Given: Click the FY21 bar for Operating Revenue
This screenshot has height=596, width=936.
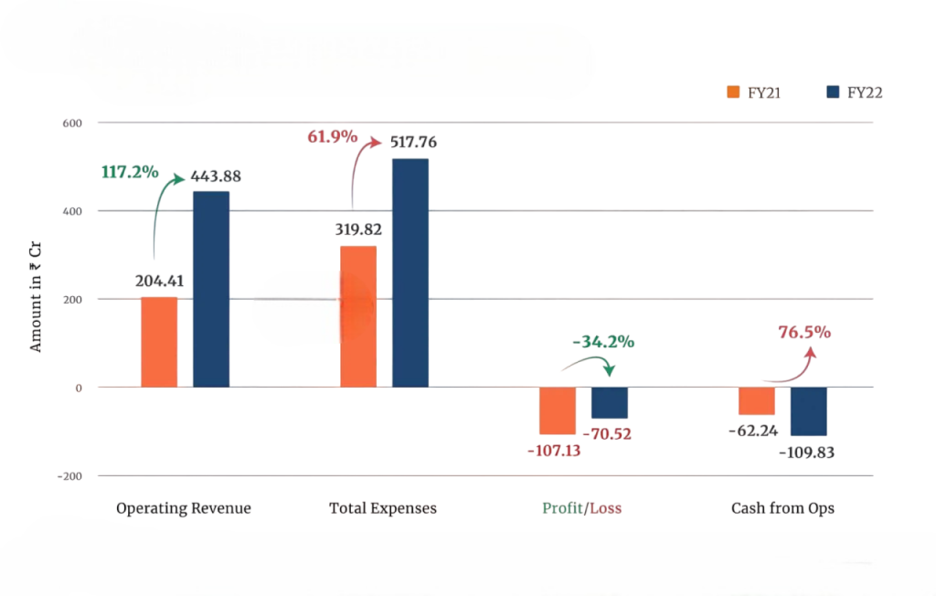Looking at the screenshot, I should click(x=159, y=342).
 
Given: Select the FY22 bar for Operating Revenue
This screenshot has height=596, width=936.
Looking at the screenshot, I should click(x=211, y=289).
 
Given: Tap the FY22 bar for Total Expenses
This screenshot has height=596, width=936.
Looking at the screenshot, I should click(x=410, y=272).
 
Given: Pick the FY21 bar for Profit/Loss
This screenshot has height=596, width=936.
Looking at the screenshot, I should click(x=558, y=410).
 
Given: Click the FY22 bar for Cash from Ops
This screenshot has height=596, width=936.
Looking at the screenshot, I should click(x=808, y=411).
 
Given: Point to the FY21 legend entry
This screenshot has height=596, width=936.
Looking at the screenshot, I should click(x=753, y=92).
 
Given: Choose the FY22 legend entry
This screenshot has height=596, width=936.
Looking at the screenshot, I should click(x=852, y=92).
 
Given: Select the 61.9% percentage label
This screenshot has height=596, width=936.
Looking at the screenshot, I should click(x=332, y=137).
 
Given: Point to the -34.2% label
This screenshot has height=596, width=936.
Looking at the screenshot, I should click(x=603, y=342).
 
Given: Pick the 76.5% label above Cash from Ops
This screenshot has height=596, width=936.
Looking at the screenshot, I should click(x=804, y=332).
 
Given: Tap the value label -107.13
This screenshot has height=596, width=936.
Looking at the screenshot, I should click(x=554, y=451).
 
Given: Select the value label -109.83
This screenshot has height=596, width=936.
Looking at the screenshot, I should click(x=807, y=452).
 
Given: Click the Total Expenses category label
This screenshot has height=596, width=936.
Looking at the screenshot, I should click(x=383, y=508).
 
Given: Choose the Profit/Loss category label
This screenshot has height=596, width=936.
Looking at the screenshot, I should click(x=581, y=508).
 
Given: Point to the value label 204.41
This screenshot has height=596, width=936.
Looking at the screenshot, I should click(x=160, y=282).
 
